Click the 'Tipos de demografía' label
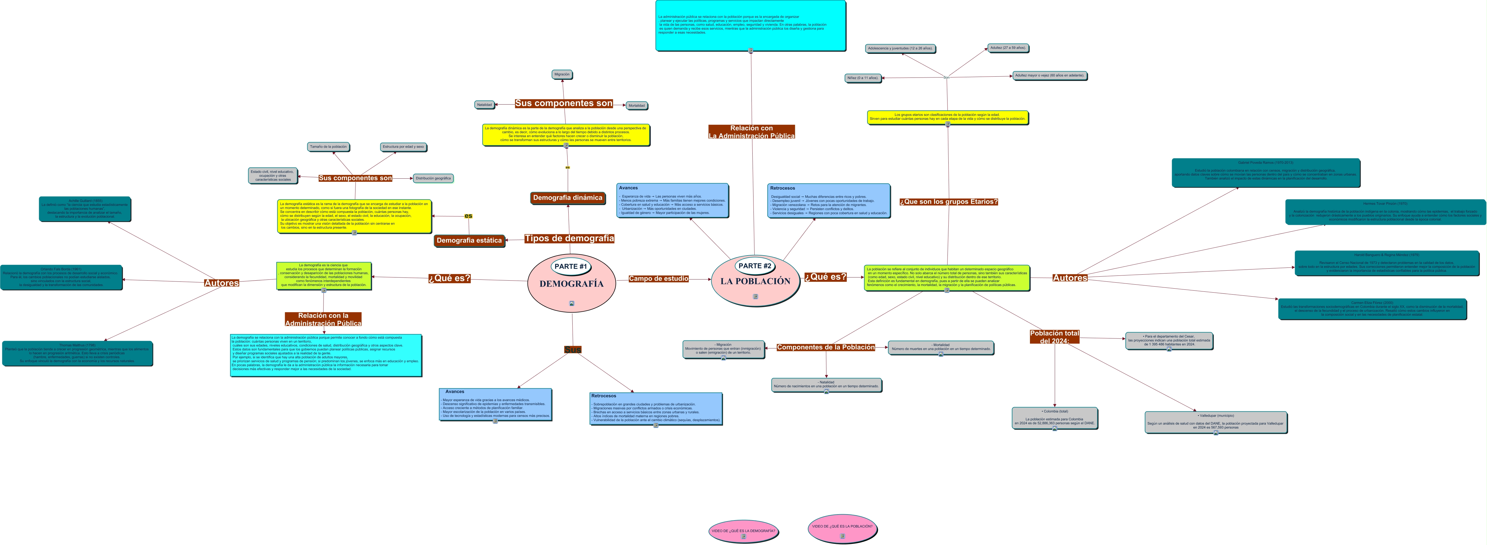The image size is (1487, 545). [x=569, y=238]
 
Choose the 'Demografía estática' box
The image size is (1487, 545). [x=469, y=240]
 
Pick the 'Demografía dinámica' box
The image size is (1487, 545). [x=567, y=198]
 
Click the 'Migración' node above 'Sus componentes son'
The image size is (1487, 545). [x=562, y=74]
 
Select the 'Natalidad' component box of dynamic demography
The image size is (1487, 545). [x=484, y=105]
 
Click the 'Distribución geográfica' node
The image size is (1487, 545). [x=433, y=178]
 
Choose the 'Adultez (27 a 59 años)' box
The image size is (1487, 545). [x=1008, y=48]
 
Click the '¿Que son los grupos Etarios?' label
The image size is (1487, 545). [x=948, y=202]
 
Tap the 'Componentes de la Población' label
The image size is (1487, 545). [x=825, y=347]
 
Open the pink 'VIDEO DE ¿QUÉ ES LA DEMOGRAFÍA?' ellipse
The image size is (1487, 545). [x=743, y=531]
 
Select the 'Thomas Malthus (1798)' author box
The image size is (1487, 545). [x=77, y=353]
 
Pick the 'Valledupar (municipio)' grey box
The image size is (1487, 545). [x=1216, y=422]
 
